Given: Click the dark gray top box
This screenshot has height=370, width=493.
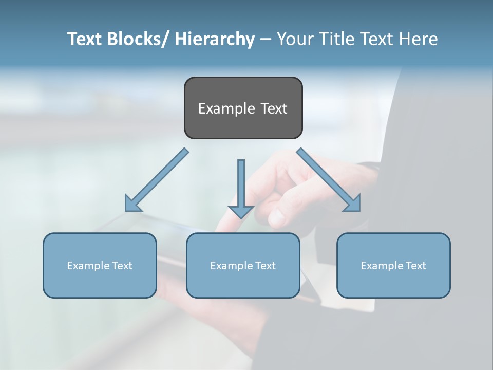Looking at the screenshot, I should tap(243, 108).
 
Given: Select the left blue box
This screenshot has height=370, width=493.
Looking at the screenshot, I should tap(100, 265).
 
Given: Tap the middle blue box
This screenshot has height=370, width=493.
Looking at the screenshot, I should tap(243, 265).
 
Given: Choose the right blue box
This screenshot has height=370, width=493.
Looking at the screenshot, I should tap(393, 265).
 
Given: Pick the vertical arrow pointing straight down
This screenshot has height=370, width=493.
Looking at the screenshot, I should tap(241, 188).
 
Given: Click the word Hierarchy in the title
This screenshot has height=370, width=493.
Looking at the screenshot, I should tap(215, 39).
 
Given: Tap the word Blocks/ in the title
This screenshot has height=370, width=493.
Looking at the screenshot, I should tap(139, 39).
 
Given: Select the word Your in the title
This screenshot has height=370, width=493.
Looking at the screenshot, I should tap(294, 39).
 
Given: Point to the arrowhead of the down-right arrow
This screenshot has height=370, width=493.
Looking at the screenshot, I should tap(352, 203).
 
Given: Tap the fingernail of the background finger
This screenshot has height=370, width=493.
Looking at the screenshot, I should tap(276, 218).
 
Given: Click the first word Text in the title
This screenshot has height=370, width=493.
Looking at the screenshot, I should tap(85, 39).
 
